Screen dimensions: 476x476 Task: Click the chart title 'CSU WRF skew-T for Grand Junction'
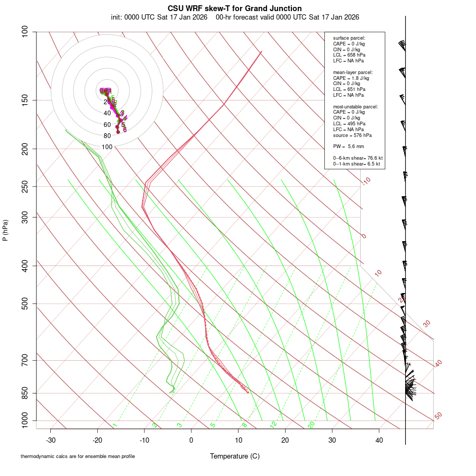coord(235,8)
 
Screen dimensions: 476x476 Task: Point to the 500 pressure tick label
coord(26,304)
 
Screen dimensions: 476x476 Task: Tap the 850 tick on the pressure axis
coord(26,393)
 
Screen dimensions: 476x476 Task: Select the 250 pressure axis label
coord(26,186)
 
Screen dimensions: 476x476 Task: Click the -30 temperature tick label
coord(51,440)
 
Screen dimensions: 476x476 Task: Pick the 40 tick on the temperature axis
coord(379,440)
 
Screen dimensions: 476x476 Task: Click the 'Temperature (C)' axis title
coord(235,456)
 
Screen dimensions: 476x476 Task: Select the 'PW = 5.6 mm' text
coord(349,147)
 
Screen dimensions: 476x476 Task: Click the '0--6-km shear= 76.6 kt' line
coord(358,158)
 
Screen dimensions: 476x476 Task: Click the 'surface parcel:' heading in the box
coord(349,38)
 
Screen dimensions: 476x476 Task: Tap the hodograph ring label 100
coord(107,147)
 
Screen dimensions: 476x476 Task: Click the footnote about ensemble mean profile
coord(78,456)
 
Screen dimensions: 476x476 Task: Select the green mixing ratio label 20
coord(311,425)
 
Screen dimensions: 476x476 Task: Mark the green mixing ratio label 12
coord(273,425)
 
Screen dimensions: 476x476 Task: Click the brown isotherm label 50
coord(438,416)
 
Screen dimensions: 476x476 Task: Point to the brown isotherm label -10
coord(366,181)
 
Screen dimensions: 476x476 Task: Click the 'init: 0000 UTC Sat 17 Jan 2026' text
coord(159,17)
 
